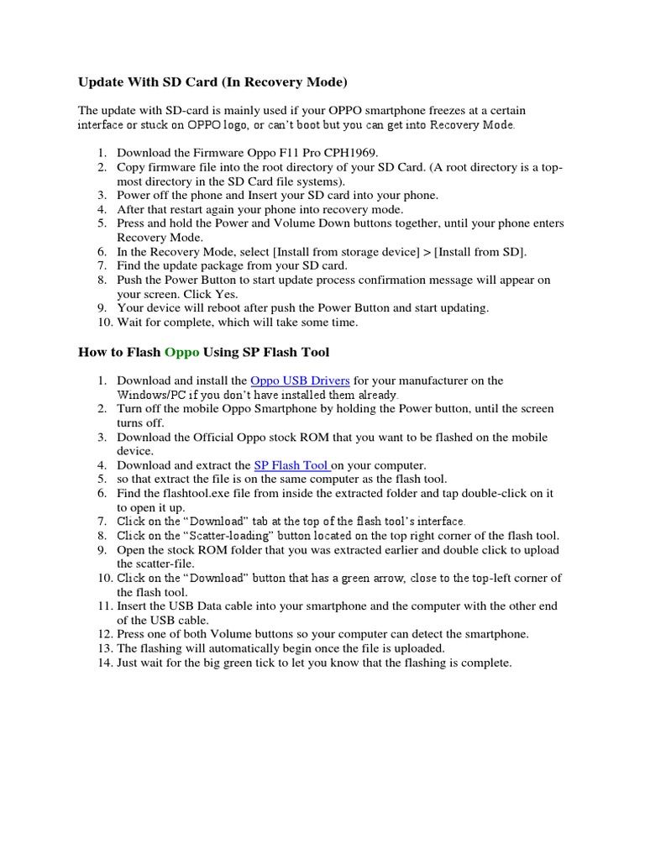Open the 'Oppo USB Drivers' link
click(x=300, y=380)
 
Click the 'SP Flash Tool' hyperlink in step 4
click(x=291, y=464)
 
